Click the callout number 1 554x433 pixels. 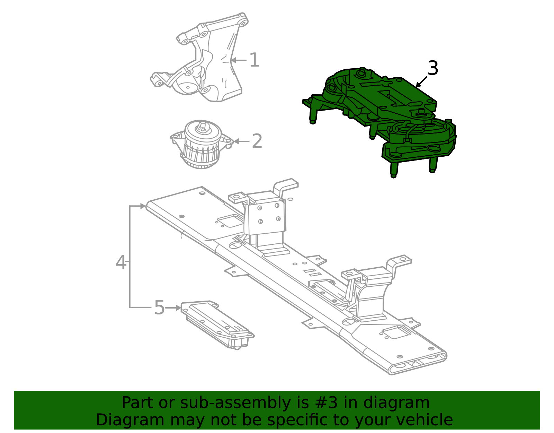[254, 60]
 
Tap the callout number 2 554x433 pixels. [257, 141]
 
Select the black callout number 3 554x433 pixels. [433, 68]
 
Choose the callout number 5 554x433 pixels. [159, 308]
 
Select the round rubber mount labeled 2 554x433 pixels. [202, 144]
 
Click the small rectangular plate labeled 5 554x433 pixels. [217, 325]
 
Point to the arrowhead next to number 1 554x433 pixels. [234, 60]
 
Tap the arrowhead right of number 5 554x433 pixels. [178, 308]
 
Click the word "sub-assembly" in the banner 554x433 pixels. [235, 402]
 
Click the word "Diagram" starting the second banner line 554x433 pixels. [130, 420]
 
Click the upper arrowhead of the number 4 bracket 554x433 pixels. [143, 206]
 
